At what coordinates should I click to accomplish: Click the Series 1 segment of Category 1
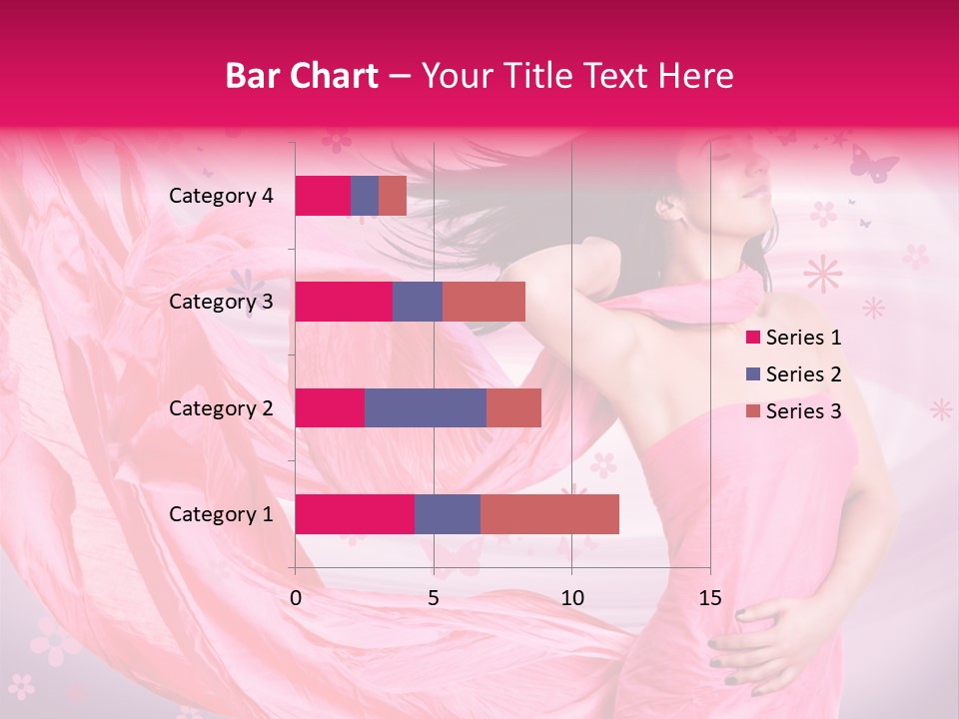point(355,514)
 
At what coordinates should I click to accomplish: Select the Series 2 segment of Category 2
point(426,408)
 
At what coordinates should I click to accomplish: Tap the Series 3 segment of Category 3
point(483,302)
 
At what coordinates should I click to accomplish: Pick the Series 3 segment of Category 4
point(393,196)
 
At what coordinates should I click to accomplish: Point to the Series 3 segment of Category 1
point(549,514)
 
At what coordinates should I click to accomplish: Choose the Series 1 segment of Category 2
point(330,408)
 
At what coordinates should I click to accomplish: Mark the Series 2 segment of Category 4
point(365,196)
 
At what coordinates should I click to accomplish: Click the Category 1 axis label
point(221,514)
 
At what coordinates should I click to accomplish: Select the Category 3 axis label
point(221,302)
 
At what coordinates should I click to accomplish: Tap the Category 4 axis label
point(221,196)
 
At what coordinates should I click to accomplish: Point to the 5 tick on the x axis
point(434,599)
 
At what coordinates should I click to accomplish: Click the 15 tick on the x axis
point(709,599)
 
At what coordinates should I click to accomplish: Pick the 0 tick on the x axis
point(296,599)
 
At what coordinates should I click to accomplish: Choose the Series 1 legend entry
point(794,338)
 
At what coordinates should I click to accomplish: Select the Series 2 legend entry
point(794,374)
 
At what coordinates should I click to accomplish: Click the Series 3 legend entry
point(794,411)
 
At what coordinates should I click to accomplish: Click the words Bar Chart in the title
point(302,76)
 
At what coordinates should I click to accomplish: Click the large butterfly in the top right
point(873,163)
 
